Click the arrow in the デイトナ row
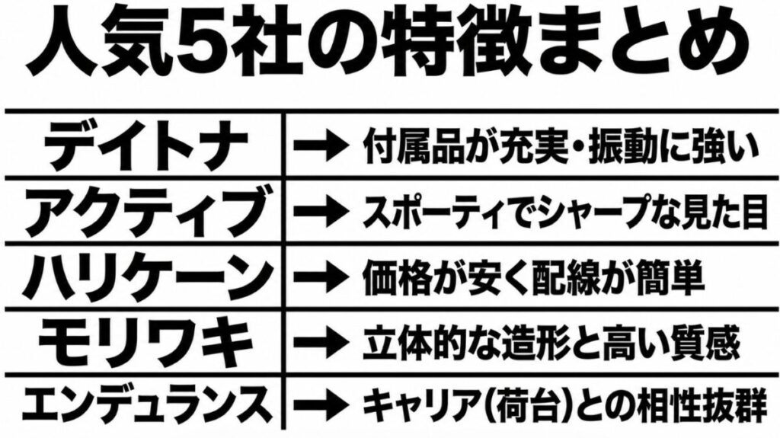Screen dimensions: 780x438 coord(321,145)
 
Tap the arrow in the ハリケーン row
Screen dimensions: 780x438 coord(321,277)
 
